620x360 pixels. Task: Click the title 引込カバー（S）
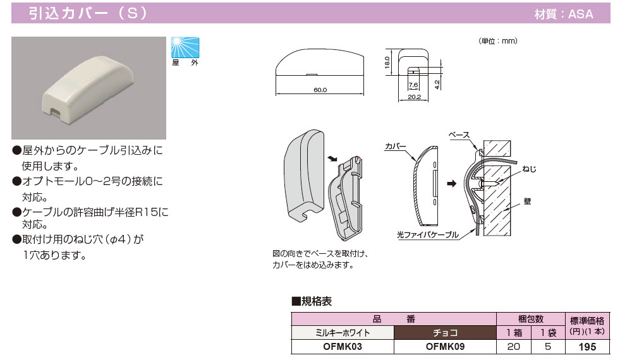(x=88, y=13)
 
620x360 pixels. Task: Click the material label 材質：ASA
(x=564, y=14)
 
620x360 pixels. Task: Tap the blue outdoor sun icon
(x=185, y=47)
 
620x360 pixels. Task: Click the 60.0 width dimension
(x=320, y=90)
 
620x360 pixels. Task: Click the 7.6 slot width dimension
(x=413, y=85)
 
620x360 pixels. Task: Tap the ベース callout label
(x=459, y=135)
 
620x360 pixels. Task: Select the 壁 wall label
(x=527, y=201)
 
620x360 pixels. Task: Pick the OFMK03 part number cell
(x=343, y=346)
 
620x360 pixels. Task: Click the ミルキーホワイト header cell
(x=343, y=332)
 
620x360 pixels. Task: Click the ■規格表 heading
(x=312, y=301)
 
